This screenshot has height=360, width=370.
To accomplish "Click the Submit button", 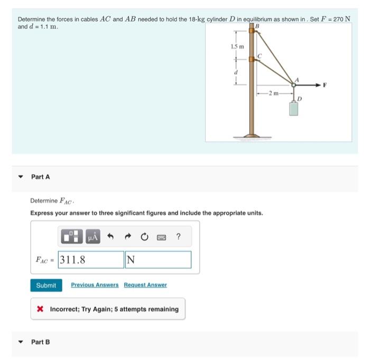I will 46,285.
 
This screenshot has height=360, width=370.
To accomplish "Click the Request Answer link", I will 145,285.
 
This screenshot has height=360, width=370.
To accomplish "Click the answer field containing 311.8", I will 90,260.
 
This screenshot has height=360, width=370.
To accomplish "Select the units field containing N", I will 158,260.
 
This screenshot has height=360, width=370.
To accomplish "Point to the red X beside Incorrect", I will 40,309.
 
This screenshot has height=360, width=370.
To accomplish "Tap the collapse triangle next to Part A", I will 21,177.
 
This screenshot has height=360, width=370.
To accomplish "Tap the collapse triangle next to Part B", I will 21,342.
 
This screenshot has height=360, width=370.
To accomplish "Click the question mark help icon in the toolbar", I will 178,237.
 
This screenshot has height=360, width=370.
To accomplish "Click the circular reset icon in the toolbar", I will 143,237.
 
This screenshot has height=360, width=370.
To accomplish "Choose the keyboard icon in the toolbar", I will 160,237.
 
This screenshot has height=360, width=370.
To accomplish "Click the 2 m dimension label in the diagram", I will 273,93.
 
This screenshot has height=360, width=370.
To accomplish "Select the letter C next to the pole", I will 260,55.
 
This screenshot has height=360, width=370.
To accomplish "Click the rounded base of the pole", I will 251,136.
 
